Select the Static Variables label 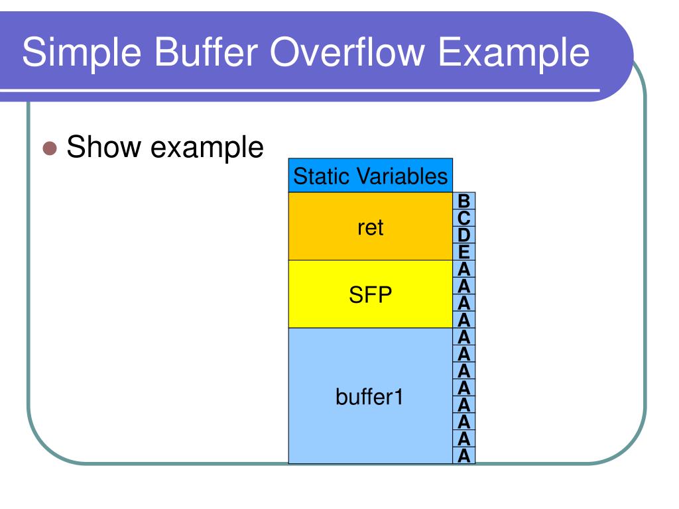pyautogui.click(x=370, y=176)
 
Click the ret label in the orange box pyautogui.click(x=370, y=227)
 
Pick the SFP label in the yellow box pyautogui.click(x=370, y=295)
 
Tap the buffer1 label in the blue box pyautogui.click(x=370, y=398)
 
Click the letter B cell pyautogui.click(x=464, y=201)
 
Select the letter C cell pyautogui.click(x=464, y=217)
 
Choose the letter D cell pyautogui.click(x=464, y=235)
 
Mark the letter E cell pyautogui.click(x=464, y=252)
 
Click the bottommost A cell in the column pyautogui.click(x=464, y=455)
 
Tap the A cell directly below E pyautogui.click(x=464, y=269)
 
